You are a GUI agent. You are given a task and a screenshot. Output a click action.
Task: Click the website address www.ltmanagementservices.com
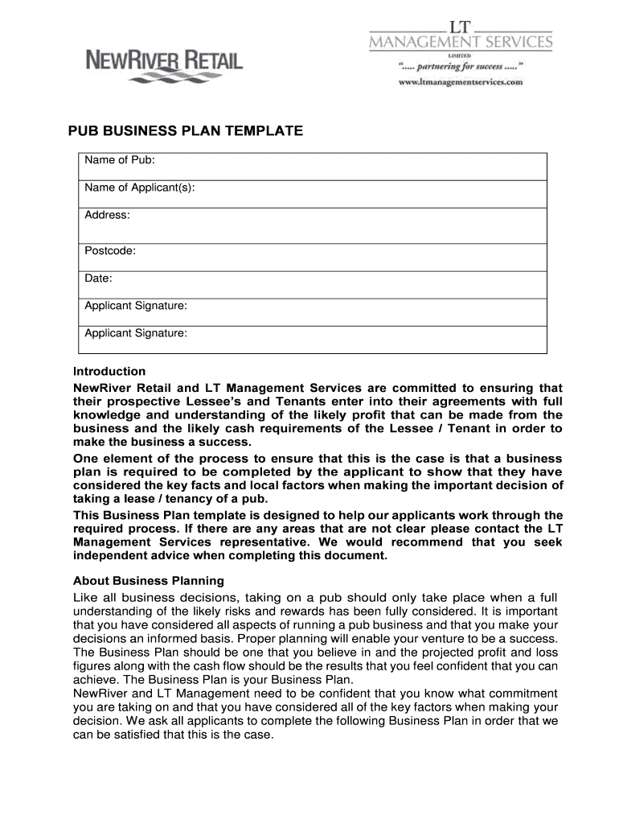point(461,82)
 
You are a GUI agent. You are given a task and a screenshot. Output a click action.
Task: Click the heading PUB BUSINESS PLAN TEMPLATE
point(184,130)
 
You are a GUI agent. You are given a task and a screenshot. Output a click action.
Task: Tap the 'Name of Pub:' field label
point(120,161)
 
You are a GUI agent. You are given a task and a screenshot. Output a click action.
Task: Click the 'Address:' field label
point(108,215)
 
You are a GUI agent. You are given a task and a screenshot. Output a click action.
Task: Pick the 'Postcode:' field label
point(110,250)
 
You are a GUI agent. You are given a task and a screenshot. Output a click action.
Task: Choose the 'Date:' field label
point(99,278)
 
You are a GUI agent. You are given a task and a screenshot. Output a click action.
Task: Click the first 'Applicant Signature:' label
point(136,305)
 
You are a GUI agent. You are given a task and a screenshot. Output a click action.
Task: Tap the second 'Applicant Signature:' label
point(136,332)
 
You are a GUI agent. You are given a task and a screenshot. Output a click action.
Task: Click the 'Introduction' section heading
point(109,372)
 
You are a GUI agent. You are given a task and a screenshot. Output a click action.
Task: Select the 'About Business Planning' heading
point(149,580)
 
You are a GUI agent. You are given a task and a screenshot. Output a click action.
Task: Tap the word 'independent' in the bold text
point(110,556)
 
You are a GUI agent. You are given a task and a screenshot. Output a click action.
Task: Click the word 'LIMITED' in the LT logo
point(460,56)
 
